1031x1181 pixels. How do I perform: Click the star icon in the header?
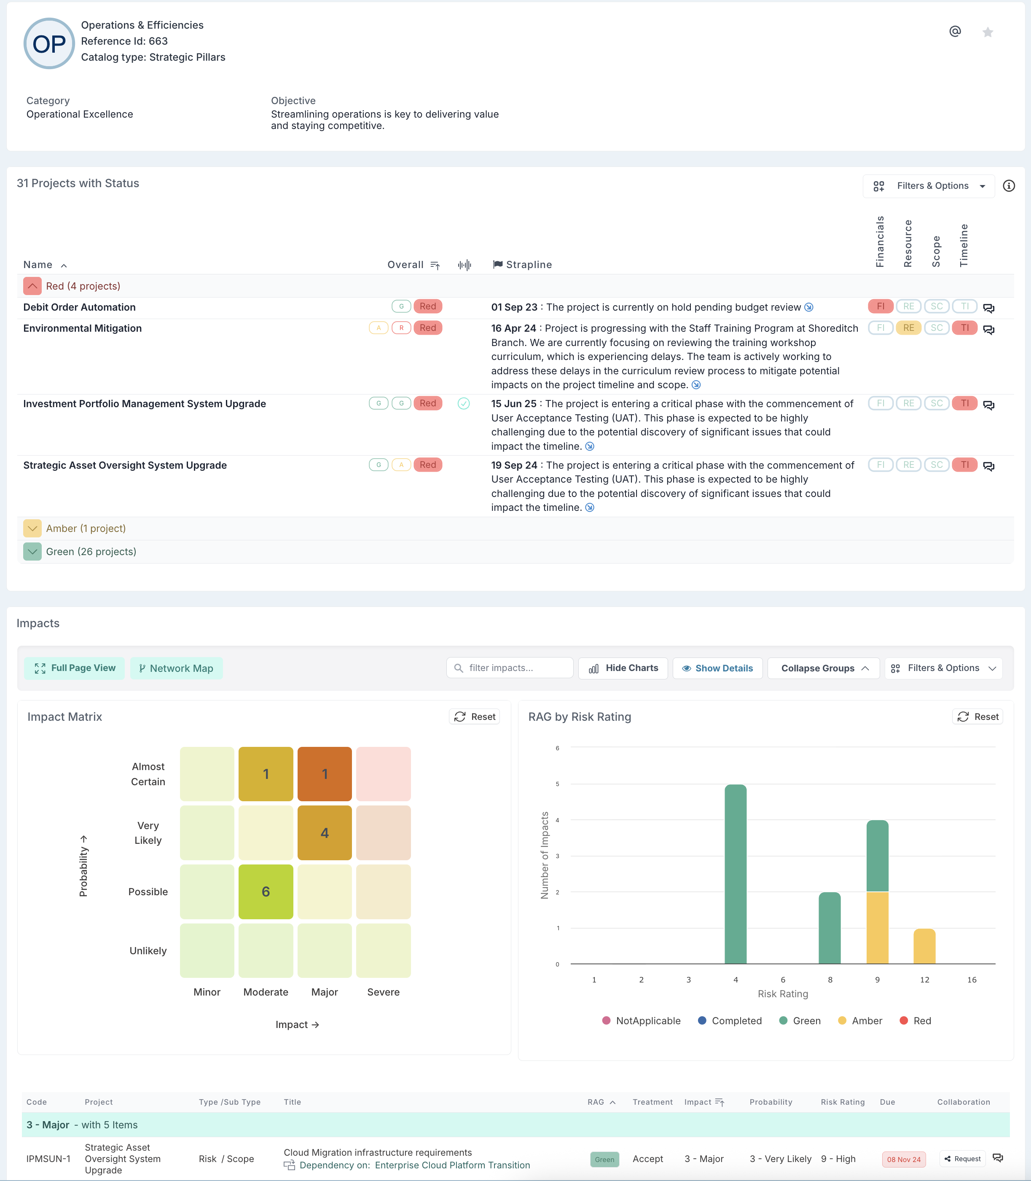987,32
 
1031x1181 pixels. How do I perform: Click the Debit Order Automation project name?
79,307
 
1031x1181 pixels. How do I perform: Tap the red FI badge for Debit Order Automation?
880,306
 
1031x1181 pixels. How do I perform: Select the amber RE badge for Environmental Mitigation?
908,328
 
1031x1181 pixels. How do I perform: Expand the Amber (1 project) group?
32,528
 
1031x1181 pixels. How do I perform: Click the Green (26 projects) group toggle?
32,552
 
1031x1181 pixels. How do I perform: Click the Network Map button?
176,668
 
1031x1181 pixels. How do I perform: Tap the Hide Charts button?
623,668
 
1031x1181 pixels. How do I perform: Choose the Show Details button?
717,668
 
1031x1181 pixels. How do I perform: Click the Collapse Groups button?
823,668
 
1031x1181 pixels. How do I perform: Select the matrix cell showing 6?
266,891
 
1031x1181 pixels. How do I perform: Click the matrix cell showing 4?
325,833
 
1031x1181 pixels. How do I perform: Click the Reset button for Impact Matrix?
475,717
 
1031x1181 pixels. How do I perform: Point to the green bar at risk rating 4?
735,875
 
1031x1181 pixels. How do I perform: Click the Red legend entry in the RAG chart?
916,1020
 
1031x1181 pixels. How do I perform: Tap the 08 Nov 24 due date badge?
903,1159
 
